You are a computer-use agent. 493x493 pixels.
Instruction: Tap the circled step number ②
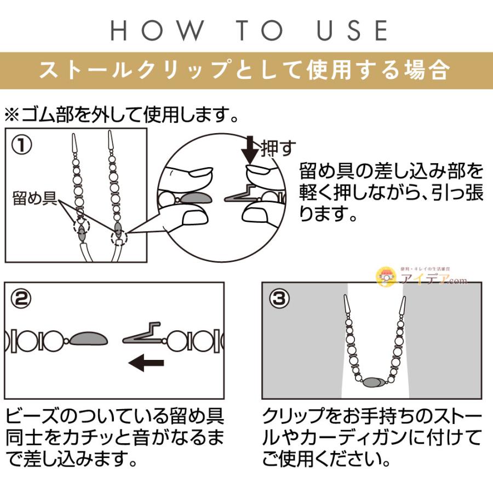tap(21, 299)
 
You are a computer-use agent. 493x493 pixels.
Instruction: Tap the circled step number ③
tap(278, 299)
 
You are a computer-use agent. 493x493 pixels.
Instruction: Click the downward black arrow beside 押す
tap(250, 148)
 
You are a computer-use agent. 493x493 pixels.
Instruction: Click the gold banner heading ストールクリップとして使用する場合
tap(246, 71)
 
